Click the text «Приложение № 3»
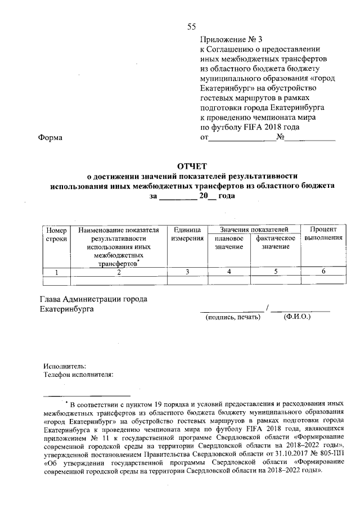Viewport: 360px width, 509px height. (231, 39)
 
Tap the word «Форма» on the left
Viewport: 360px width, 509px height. (50, 138)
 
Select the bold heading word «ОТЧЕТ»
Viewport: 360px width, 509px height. (192, 166)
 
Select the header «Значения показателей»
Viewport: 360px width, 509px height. (254, 229)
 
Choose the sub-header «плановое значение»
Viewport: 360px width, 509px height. (228, 243)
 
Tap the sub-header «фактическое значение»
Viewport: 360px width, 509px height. (276, 243)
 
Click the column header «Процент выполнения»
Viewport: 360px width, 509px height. (323, 234)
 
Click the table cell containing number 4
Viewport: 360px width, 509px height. (228, 272)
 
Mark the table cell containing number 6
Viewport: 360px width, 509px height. (323, 272)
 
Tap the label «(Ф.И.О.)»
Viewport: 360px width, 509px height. (298, 317)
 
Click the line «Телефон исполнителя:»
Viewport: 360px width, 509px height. (79, 373)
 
